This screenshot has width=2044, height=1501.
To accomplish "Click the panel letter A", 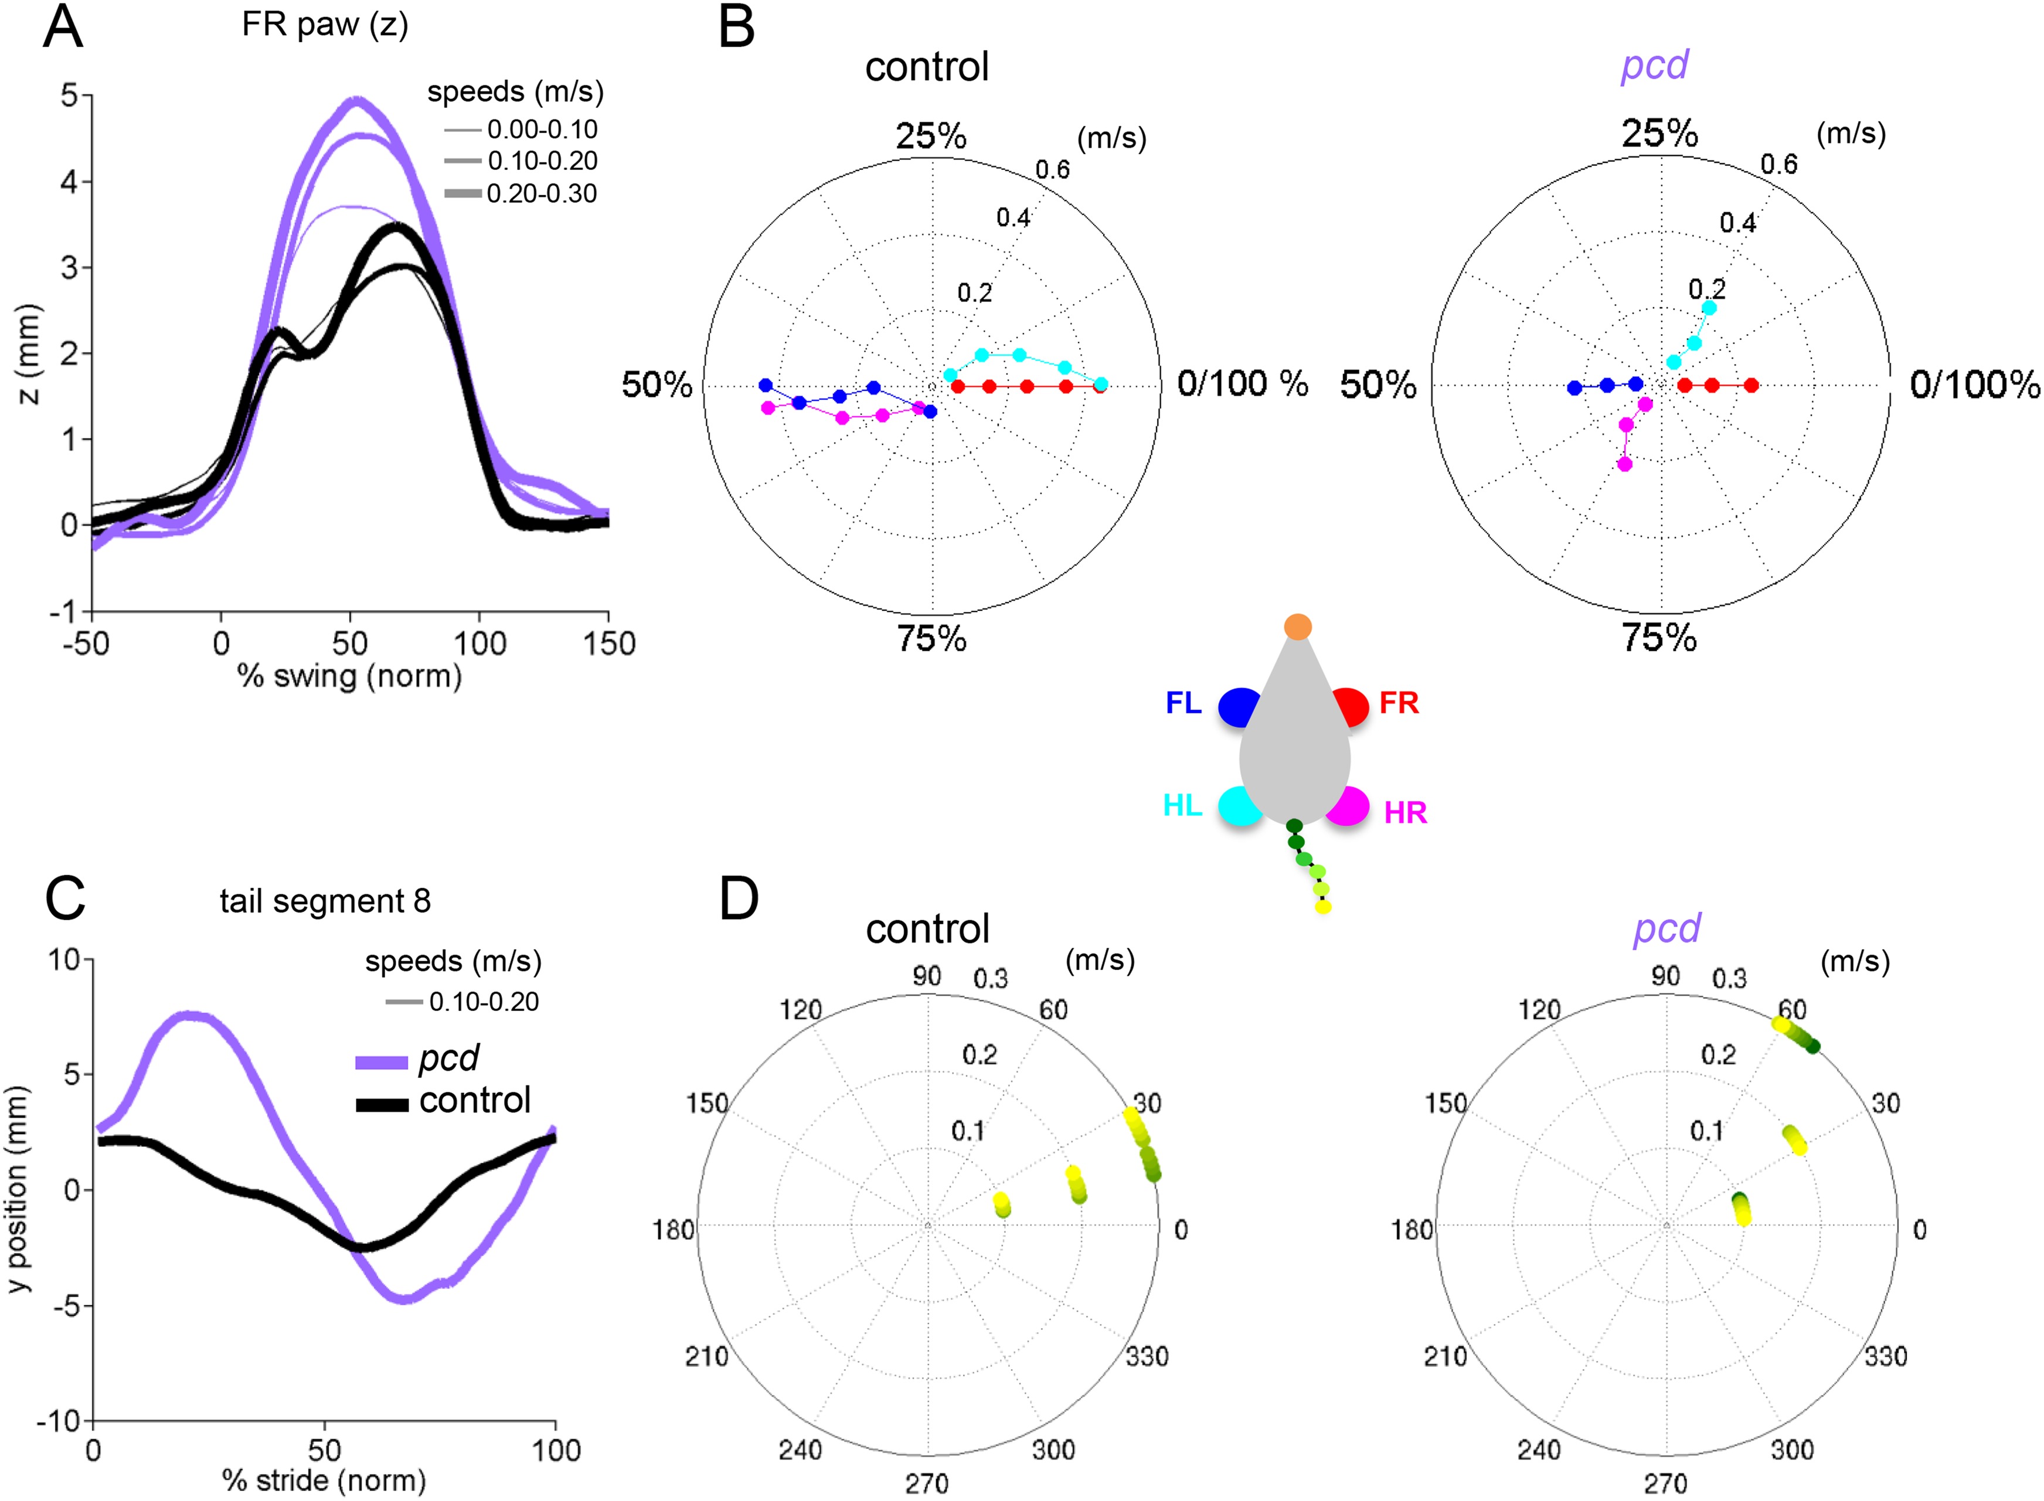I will tap(63, 28).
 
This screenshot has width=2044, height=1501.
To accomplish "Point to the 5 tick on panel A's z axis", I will tap(69, 94).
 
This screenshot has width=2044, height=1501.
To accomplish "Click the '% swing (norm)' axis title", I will tap(350, 676).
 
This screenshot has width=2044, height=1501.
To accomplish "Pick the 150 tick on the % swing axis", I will tap(608, 644).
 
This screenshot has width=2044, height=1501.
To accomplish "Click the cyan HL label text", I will tap(1182, 806).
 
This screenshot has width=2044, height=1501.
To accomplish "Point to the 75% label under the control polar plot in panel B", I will tap(932, 639).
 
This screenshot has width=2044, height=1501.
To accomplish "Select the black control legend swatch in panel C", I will tap(382, 1105).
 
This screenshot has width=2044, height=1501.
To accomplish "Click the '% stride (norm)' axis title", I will tap(324, 1480).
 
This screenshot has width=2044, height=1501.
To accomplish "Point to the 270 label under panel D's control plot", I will tap(927, 1484).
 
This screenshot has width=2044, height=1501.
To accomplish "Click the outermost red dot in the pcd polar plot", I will tap(1750, 385).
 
